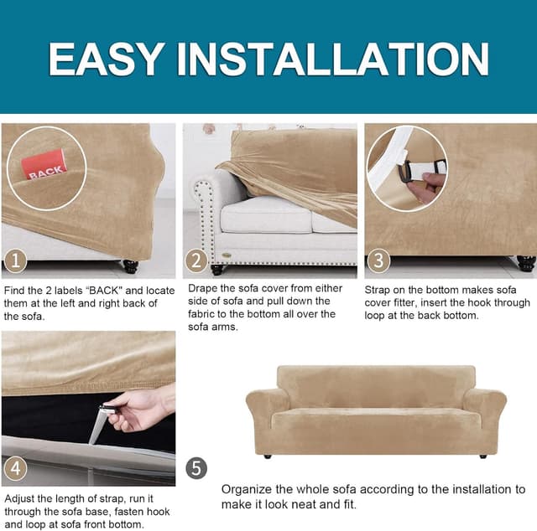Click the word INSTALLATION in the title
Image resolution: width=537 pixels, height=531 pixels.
point(332,59)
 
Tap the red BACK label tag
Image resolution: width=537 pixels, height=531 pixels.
point(44,166)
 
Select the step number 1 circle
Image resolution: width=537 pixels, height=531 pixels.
point(16,261)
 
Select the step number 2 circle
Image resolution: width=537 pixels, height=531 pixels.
point(196,261)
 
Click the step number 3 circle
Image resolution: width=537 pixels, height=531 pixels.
point(378,261)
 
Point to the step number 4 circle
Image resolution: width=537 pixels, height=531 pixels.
point(16,468)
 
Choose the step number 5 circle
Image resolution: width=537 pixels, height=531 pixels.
point(196,468)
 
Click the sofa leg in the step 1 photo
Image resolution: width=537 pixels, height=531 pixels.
point(131,267)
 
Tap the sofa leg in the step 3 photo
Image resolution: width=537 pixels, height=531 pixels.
point(526,263)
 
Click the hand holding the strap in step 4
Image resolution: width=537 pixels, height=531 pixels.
point(138,409)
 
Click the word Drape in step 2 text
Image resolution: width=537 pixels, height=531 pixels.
point(203,288)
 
